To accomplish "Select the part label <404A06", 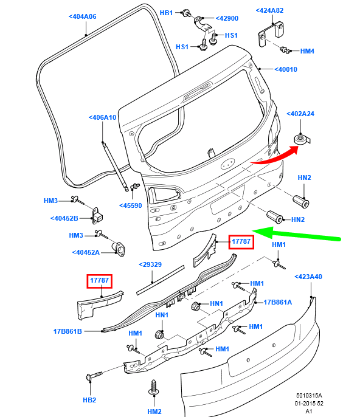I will (x=83, y=16).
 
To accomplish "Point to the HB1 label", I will (x=166, y=12).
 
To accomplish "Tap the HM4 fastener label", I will (x=307, y=51).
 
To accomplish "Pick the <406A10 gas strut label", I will (x=102, y=117).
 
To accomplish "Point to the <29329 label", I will (x=150, y=264).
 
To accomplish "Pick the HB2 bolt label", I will (x=89, y=400).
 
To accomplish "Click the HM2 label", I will (x=154, y=412).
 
